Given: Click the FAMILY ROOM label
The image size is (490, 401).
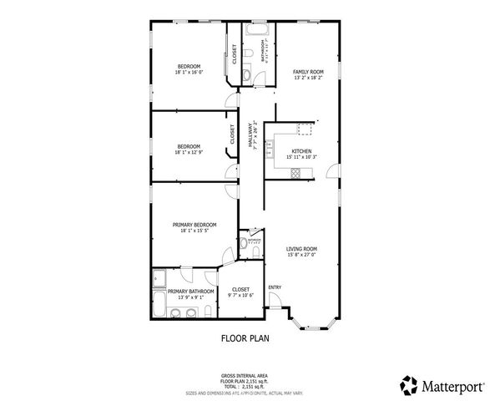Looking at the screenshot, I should click(x=307, y=73).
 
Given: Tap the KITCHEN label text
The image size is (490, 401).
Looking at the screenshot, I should click(x=301, y=151).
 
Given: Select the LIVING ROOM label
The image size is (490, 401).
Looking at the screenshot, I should click(x=301, y=248).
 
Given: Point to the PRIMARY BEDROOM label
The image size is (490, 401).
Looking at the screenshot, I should click(x=194, y=225).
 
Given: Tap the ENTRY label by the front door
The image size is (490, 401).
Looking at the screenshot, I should click(x=274, y=288).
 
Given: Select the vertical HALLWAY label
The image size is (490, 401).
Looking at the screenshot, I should click(x=250, y=135).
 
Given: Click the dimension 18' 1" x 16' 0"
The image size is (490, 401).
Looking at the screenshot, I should click(x=189, y=73).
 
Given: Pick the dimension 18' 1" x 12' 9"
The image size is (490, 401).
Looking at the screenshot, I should click(x=189, y=153).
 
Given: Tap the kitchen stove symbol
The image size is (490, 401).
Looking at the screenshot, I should click(x=295, y=173).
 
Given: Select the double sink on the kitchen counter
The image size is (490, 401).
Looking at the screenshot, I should click(x=270, y=148).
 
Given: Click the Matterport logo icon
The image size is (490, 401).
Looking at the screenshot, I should click(x=409, y=386).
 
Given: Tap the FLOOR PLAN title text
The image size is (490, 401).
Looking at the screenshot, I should click(x=245, y=339).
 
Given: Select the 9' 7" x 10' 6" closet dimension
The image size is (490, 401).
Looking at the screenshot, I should click(x=241, y=295).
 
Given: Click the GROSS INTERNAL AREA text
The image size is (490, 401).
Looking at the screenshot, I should click(x=244, y=375).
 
